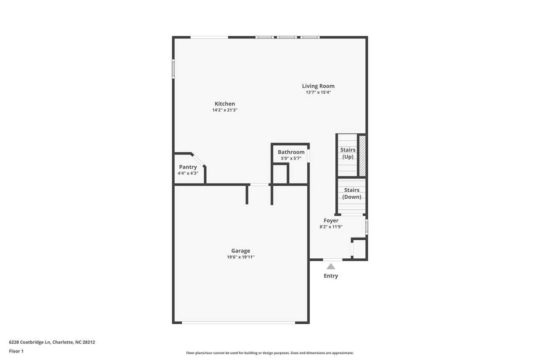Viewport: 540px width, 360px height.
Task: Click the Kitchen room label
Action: coord(225,104)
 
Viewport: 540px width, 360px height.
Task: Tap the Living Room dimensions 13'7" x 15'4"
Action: coord(318,92)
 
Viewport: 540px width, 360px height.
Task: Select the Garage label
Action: coord(240,251)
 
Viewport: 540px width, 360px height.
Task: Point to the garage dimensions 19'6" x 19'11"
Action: coord(240,257)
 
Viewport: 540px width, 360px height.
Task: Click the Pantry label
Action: coord(188,167)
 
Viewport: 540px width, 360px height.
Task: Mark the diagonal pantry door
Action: coord(198,160)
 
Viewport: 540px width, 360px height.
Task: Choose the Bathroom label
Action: coord(291,152)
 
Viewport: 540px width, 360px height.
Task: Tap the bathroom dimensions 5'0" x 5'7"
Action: coord(291,158)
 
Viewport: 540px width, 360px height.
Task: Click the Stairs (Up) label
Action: coord(348,153)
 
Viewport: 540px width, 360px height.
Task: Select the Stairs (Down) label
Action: coord(351,193)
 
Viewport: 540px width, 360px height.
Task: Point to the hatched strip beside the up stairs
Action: coord(362,156)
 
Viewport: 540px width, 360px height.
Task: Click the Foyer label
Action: coord(331,220)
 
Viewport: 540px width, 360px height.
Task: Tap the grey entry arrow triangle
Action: coord(331,266)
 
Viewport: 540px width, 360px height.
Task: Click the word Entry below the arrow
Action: coord(331,276)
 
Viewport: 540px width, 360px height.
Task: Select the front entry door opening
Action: coord(333,260)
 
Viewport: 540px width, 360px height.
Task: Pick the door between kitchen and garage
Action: coord(259,184)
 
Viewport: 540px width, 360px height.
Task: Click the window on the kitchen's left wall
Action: coord(173,69)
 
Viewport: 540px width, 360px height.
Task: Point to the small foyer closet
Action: coord(359,249)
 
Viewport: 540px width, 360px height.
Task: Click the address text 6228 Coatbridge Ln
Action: coord(30,342)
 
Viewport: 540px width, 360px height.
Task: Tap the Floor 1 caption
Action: coord(16,351)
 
